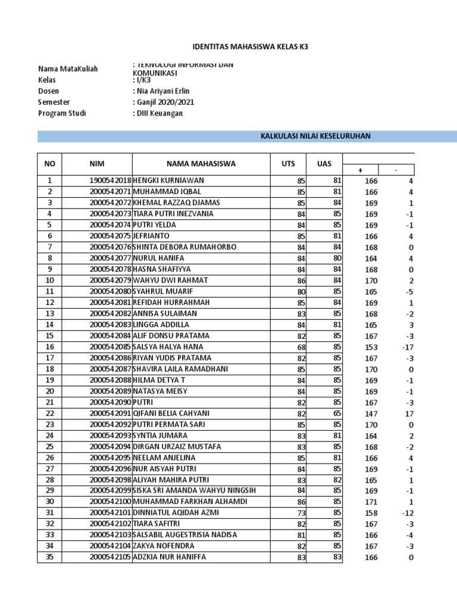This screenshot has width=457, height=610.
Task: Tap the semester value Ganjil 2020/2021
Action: pyautogui.click(x=164, y=102)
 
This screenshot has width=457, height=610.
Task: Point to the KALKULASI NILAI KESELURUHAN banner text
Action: pyautogui.click(x=315, y=136)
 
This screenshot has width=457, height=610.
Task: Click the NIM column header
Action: pyautogui.click(x=96, y=163)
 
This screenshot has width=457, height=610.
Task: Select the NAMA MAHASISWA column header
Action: pyautogui.click(x=201, y=163)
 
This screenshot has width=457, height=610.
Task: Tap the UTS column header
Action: pyautogui.click(x=288, y=163)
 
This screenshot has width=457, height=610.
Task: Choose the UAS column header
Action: pyautogui.click(x=325, y=163)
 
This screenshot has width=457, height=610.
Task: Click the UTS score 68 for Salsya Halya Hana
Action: pyautogui.click(x=301, y=347)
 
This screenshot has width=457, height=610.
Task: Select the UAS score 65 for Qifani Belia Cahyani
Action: pyautogui.click(x=337, y=413)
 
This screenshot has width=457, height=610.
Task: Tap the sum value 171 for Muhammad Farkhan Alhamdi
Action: pyautogui.click(x=371, y=502)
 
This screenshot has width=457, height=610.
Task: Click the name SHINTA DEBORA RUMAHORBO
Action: pyautogui.click(x=184, y=247)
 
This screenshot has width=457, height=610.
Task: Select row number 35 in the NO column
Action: pyautogui.click(x=50, y=557)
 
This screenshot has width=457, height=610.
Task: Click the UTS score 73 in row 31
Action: pyautogui.click(x=301, y=513)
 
